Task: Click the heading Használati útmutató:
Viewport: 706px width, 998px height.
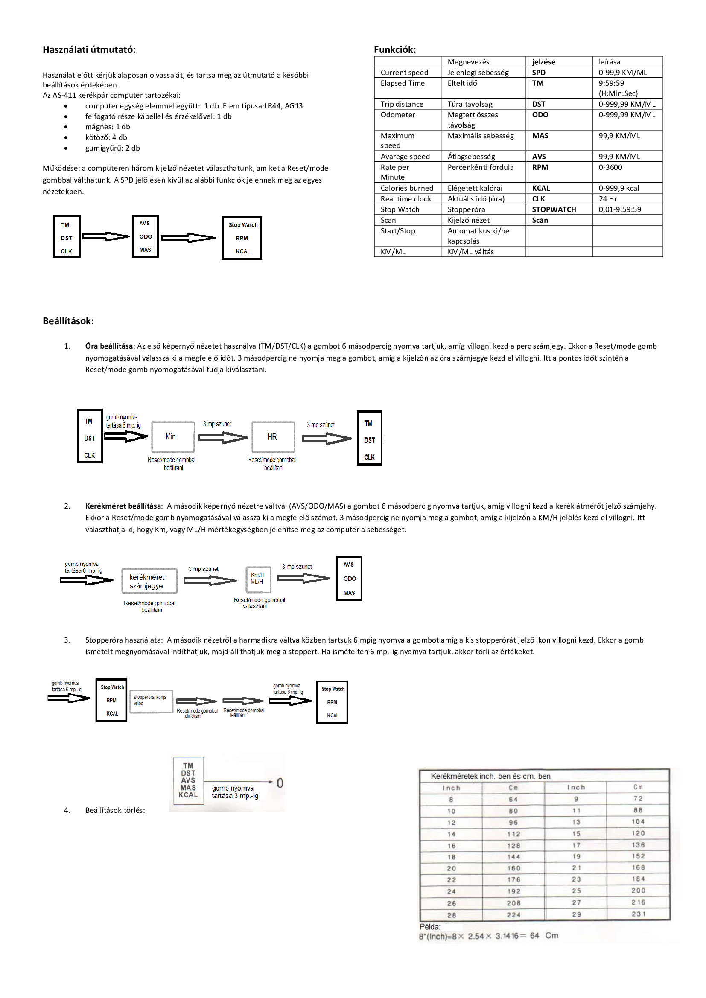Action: tap(89, 49)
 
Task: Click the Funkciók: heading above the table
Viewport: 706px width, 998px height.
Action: tap(394, 49)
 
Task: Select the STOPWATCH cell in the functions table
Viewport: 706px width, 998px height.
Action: tap(554, 209)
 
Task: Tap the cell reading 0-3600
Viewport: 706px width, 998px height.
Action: tap(610, 167)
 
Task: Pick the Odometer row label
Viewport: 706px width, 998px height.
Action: tap(397, 115)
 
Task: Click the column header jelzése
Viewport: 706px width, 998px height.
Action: tap(543, 62)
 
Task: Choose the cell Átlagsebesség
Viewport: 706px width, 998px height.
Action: tap(471, 157)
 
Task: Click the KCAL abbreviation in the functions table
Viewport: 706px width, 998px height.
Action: tap(540, 188)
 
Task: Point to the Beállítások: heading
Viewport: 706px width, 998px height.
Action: tap(68, 321)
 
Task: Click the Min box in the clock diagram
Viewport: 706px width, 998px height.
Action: tap(172, 436)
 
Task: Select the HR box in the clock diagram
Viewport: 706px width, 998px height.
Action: tap(273, 437)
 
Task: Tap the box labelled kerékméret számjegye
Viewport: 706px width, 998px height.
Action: tap(149, 581)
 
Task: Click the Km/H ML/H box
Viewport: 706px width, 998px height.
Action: tap(258, 579)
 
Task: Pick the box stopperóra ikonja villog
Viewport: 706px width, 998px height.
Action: tap(151, 701)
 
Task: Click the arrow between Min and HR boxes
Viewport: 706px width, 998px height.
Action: tap(222, 437)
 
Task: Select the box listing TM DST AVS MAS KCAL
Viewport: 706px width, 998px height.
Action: tap(188, 780)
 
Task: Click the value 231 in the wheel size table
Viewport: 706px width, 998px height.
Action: tap(638, 914)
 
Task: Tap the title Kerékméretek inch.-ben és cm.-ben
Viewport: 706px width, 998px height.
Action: tap(490, 776)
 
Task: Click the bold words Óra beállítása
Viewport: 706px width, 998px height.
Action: tap(109, 346)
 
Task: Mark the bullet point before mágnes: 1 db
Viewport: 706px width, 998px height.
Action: tap(66, 127)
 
